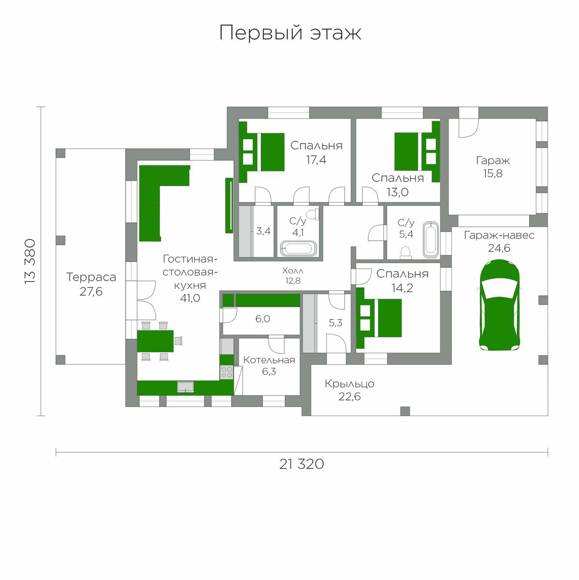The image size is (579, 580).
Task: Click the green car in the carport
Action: (x=499, y=305)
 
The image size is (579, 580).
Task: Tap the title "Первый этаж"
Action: (x=290, y=32)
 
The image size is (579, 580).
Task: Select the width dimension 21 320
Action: (x=302, y=464)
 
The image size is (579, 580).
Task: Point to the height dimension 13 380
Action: (x=30, y=261)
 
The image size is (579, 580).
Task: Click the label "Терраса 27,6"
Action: (x=91, y=284)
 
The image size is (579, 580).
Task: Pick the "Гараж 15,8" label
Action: (x=493, y=167)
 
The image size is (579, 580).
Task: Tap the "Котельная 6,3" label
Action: (x=269, y=365)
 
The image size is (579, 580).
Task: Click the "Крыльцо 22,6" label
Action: (x=349, y=390)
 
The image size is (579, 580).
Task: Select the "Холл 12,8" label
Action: (x=293, y=275)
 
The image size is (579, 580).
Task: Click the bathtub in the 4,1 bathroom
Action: (x=298, y=248)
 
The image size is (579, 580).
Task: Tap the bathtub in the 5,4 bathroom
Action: (x=431, y=240)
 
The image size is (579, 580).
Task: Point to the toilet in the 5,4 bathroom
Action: (x=405, y=253)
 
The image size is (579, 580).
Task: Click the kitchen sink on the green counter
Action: (x=186, y=387)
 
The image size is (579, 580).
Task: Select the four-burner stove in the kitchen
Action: (x=227, y=372)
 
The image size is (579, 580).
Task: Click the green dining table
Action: (x=155, y=341)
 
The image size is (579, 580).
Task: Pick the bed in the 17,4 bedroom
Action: (x=261, y=152)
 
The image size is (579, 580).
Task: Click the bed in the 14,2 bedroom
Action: (x=379, y=318)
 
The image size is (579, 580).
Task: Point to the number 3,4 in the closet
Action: (x=263, y=231)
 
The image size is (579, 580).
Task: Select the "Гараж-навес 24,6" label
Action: (x=499, y=241)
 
